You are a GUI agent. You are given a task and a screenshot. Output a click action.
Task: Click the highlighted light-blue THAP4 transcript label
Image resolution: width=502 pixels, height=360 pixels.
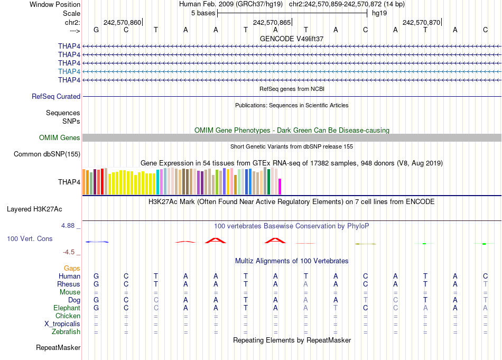pos(69,71)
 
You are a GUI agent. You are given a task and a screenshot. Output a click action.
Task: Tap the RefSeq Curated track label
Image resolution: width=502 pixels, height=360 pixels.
pos(56,97)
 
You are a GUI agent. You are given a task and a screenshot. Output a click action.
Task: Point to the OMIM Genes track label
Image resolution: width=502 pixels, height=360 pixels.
pos(60,138)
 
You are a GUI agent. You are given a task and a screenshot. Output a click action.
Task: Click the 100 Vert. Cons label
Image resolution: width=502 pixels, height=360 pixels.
pos(30,239)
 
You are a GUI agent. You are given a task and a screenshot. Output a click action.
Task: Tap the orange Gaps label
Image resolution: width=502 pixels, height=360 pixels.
pos(72,269)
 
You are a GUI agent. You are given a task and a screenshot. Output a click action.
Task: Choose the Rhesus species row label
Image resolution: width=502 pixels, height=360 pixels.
pos(69,284)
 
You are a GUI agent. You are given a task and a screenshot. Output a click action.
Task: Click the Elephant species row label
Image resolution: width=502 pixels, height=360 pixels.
pos(67,308)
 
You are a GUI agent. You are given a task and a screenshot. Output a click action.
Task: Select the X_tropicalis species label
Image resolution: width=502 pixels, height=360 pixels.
pos(62,324)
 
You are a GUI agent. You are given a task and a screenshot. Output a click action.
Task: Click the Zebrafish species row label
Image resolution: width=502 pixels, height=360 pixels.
pos(66,332)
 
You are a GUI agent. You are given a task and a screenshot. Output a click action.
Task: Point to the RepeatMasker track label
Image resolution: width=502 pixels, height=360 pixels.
pos(58,348)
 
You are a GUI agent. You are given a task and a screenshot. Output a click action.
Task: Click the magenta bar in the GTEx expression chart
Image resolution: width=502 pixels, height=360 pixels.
pos(280,187)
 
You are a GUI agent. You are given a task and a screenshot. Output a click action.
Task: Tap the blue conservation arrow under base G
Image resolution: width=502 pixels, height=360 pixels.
pos(97,242)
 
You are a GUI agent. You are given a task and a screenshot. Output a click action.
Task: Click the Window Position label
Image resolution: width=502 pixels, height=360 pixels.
pos(55,4)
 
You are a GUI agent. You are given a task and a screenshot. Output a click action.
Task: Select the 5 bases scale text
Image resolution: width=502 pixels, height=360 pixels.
pos(203,13)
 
